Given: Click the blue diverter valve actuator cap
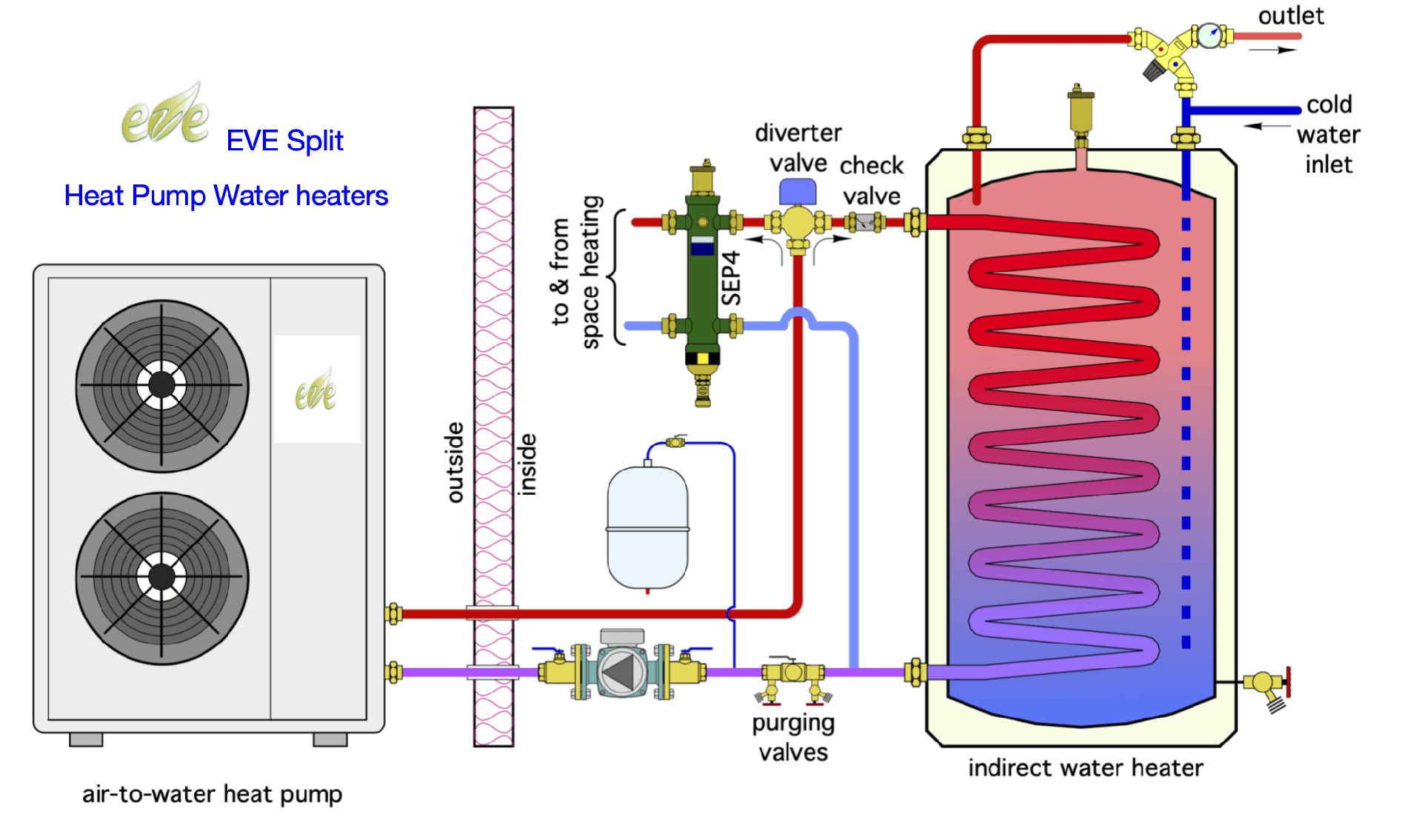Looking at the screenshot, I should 798,191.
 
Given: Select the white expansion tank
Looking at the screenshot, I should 648,527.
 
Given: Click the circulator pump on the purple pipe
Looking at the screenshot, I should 621,672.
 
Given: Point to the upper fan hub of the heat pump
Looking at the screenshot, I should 161,385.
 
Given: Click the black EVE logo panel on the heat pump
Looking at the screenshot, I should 317,389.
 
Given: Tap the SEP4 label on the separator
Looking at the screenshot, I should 731,279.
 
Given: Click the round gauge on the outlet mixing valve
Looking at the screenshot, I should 1209,34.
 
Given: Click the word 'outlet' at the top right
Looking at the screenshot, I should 1292,15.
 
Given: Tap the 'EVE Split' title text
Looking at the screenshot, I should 285,140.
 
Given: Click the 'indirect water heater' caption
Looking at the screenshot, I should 1086,768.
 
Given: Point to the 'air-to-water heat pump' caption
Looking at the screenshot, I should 212,795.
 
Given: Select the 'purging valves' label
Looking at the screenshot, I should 793,738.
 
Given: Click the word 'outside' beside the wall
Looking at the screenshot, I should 455,462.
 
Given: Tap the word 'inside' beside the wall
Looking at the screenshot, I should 527,464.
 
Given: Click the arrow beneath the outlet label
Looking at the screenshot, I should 1273,50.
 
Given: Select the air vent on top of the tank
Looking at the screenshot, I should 1081,111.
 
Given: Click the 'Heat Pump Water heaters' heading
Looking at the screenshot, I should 226,196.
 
